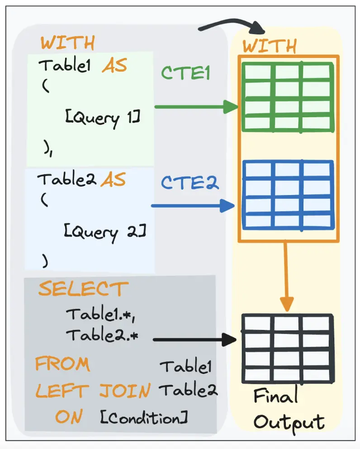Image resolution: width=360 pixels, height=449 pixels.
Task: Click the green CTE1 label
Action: [185, 73]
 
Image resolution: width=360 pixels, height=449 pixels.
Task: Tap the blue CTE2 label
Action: [189, 183]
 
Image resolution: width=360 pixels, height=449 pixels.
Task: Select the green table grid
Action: [288, 97]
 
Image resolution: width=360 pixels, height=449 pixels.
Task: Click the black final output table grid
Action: [288, 348]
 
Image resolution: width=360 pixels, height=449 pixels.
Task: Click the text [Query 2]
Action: [105, 233]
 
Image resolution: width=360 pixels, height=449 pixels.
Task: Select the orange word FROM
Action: [62, 364]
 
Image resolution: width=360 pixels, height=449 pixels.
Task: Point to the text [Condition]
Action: [143, 418]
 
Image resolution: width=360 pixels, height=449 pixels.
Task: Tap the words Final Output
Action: [288, 409]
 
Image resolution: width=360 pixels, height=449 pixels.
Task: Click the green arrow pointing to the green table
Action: [196, 107]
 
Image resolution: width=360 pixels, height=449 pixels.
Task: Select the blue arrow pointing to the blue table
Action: [193, 206]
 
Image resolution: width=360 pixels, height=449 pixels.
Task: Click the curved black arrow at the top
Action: [233, 25]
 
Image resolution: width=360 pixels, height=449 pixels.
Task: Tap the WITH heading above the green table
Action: [270, 46]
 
